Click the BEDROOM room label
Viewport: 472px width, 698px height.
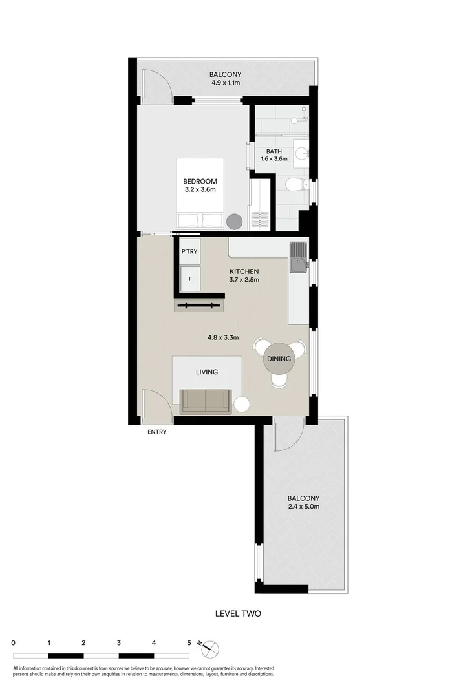(199, 182)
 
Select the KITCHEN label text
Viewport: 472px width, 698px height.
(244, 271)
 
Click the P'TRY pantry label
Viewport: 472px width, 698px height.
(189, 251)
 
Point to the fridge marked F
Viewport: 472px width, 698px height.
(189, 279)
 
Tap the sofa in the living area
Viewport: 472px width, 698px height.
(206, 401)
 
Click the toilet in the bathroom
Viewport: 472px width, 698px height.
(295, 186)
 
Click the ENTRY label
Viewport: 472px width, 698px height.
(157, 432)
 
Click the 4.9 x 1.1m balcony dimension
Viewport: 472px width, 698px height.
(225, 83)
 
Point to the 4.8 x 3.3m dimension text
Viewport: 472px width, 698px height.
(223, 337)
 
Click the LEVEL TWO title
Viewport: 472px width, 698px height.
(238, 613)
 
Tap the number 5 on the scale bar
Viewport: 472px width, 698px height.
(189, 643)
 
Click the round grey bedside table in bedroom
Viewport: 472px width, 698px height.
(234, 221)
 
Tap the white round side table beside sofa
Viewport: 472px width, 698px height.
(242, 405)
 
